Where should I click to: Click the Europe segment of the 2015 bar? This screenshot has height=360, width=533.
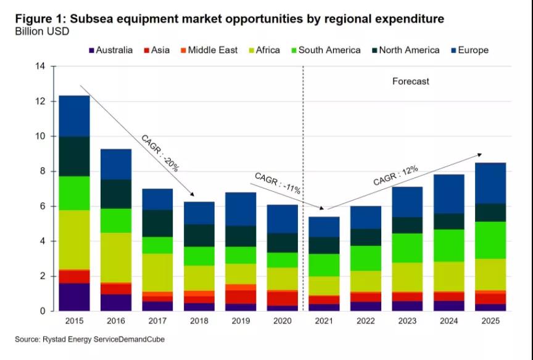coord(74,116)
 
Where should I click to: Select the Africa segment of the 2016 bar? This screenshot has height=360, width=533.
coord(117,258)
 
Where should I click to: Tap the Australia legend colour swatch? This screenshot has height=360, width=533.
coord(92,51)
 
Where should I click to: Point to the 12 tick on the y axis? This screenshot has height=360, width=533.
coord(40,101)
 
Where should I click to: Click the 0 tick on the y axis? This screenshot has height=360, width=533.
coord(43,311)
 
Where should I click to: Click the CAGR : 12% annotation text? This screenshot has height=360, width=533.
coord(395,176)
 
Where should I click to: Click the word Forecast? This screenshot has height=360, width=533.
coord(410,81)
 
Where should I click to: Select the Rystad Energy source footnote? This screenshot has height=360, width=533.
coord(90,339)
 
